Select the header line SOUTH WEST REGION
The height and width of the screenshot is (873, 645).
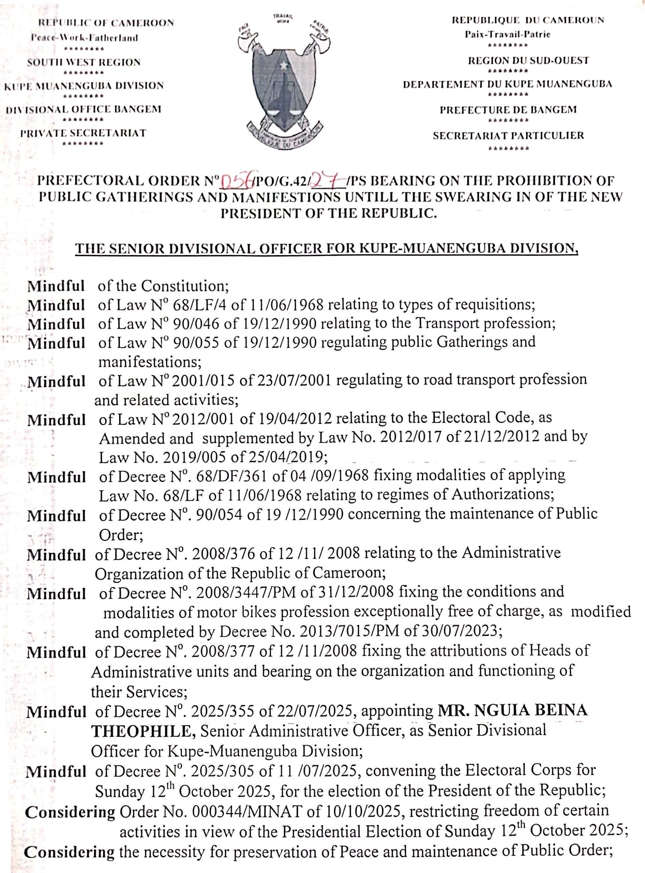click(84, 62)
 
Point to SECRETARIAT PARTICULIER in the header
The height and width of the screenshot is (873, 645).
click(508, 135)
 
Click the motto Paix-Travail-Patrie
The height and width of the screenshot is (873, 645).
click(507, 34)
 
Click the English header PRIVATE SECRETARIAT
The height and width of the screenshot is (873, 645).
click(83, 133)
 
